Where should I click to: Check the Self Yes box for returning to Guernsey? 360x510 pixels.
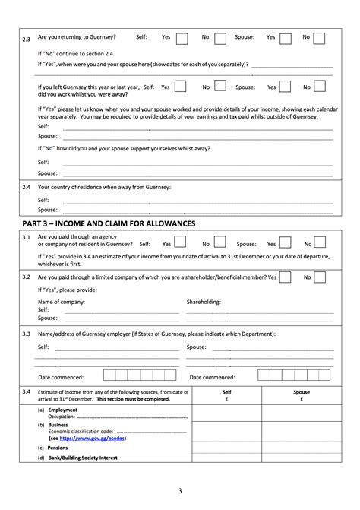point(182,37)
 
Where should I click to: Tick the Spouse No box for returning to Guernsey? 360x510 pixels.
point(320,37)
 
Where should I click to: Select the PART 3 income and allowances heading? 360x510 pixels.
point(109,223)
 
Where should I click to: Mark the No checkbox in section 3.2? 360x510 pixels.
point(320,278)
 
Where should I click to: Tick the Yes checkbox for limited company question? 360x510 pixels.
point(285,278)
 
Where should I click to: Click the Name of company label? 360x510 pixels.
point(61,302)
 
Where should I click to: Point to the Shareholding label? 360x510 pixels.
point(204,302)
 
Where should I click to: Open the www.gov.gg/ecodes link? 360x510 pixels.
point(87,439)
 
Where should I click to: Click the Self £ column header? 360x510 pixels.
point(226,395)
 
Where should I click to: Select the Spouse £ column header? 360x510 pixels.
point(302,395)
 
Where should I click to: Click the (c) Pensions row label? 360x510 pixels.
point(56,448)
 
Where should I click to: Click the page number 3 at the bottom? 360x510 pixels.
point(180,490)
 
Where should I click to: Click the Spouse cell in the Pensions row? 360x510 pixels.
point(302,448)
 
